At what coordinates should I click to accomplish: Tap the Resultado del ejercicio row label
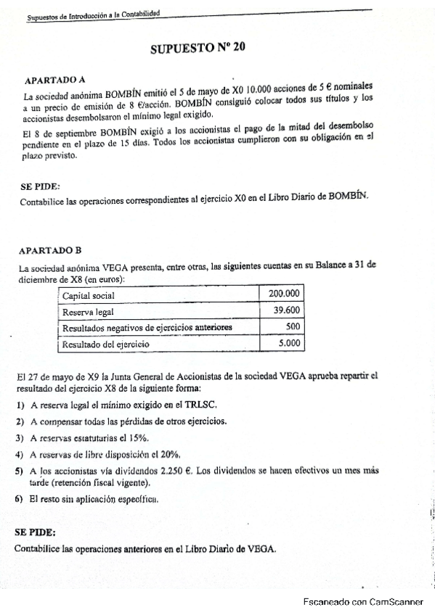click(106, 345)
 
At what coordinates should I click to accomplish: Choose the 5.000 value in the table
click(290, 344)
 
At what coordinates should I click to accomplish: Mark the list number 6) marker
click(19, 500)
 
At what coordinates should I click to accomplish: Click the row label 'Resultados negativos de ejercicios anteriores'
click(147, 328)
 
